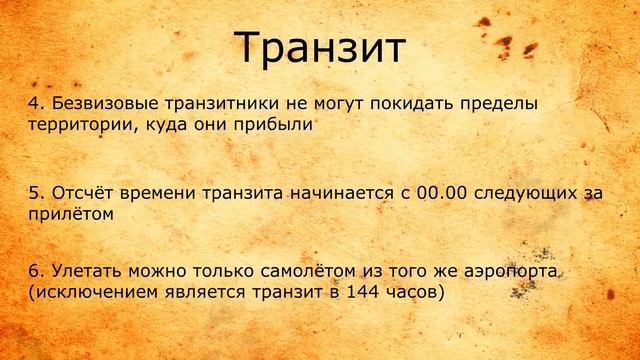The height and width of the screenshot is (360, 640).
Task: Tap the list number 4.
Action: pyautogui.click(x=32, y=105)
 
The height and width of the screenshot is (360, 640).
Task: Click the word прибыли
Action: pyautogui.click(x=276, y=126)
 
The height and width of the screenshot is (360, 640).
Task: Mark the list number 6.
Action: pyautogui.click(x=32, y=274)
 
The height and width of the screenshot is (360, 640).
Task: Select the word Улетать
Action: pyautogui.click(x=78, y=274)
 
